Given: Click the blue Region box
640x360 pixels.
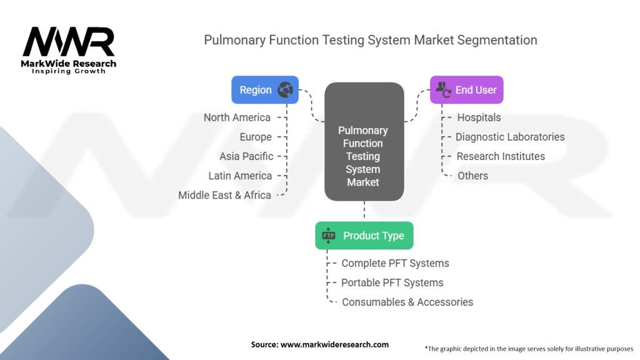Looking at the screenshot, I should point(264,90).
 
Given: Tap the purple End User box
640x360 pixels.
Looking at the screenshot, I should point(466,90).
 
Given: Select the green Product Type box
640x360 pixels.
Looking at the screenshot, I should point(364,236).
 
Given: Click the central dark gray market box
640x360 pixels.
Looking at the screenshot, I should point(363,141).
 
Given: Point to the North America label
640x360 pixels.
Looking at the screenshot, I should point(237,117).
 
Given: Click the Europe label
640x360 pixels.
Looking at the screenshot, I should point(256,137).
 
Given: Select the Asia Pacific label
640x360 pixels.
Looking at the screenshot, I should point(246,156).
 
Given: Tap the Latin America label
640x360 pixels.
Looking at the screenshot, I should point(240,176).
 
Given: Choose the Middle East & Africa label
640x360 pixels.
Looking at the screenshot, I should point(224,195).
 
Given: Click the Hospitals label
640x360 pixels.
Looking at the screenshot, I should point(479,117).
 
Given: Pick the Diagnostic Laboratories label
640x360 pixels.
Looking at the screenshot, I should point(510,137).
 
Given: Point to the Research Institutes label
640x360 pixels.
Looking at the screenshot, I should point(501,156).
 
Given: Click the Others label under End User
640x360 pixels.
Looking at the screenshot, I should point(472,176).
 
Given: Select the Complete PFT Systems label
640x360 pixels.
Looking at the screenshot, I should point(395,263).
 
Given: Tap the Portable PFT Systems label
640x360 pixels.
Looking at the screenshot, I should point(392,282).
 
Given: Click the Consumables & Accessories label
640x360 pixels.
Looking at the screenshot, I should point(407,302).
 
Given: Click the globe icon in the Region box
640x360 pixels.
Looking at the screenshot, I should point(285,90).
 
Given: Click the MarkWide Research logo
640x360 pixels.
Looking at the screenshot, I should point(69,49).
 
